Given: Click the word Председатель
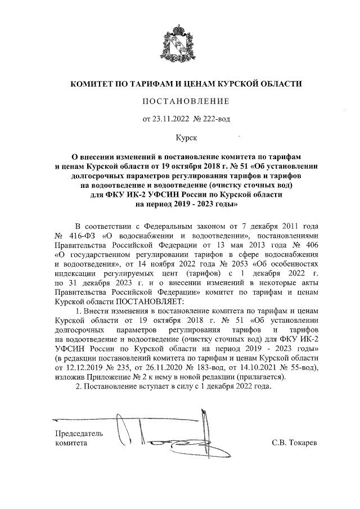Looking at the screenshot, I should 78,434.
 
